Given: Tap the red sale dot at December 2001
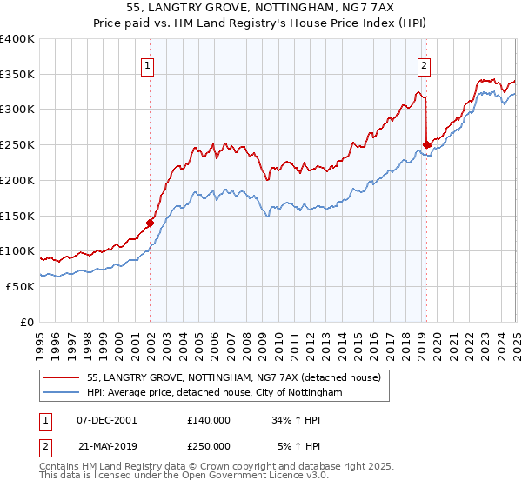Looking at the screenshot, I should tap(151, 223).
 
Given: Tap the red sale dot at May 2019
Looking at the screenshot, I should tap(426, 144).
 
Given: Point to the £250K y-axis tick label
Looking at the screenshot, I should tap(17, 144).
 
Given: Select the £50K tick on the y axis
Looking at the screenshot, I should tap(20, 286).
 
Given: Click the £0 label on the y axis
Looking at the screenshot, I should tap(27, 322).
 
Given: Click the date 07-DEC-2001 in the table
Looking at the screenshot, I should tap(107, 420).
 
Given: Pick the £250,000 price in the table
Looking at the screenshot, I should tap(208, 445).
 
